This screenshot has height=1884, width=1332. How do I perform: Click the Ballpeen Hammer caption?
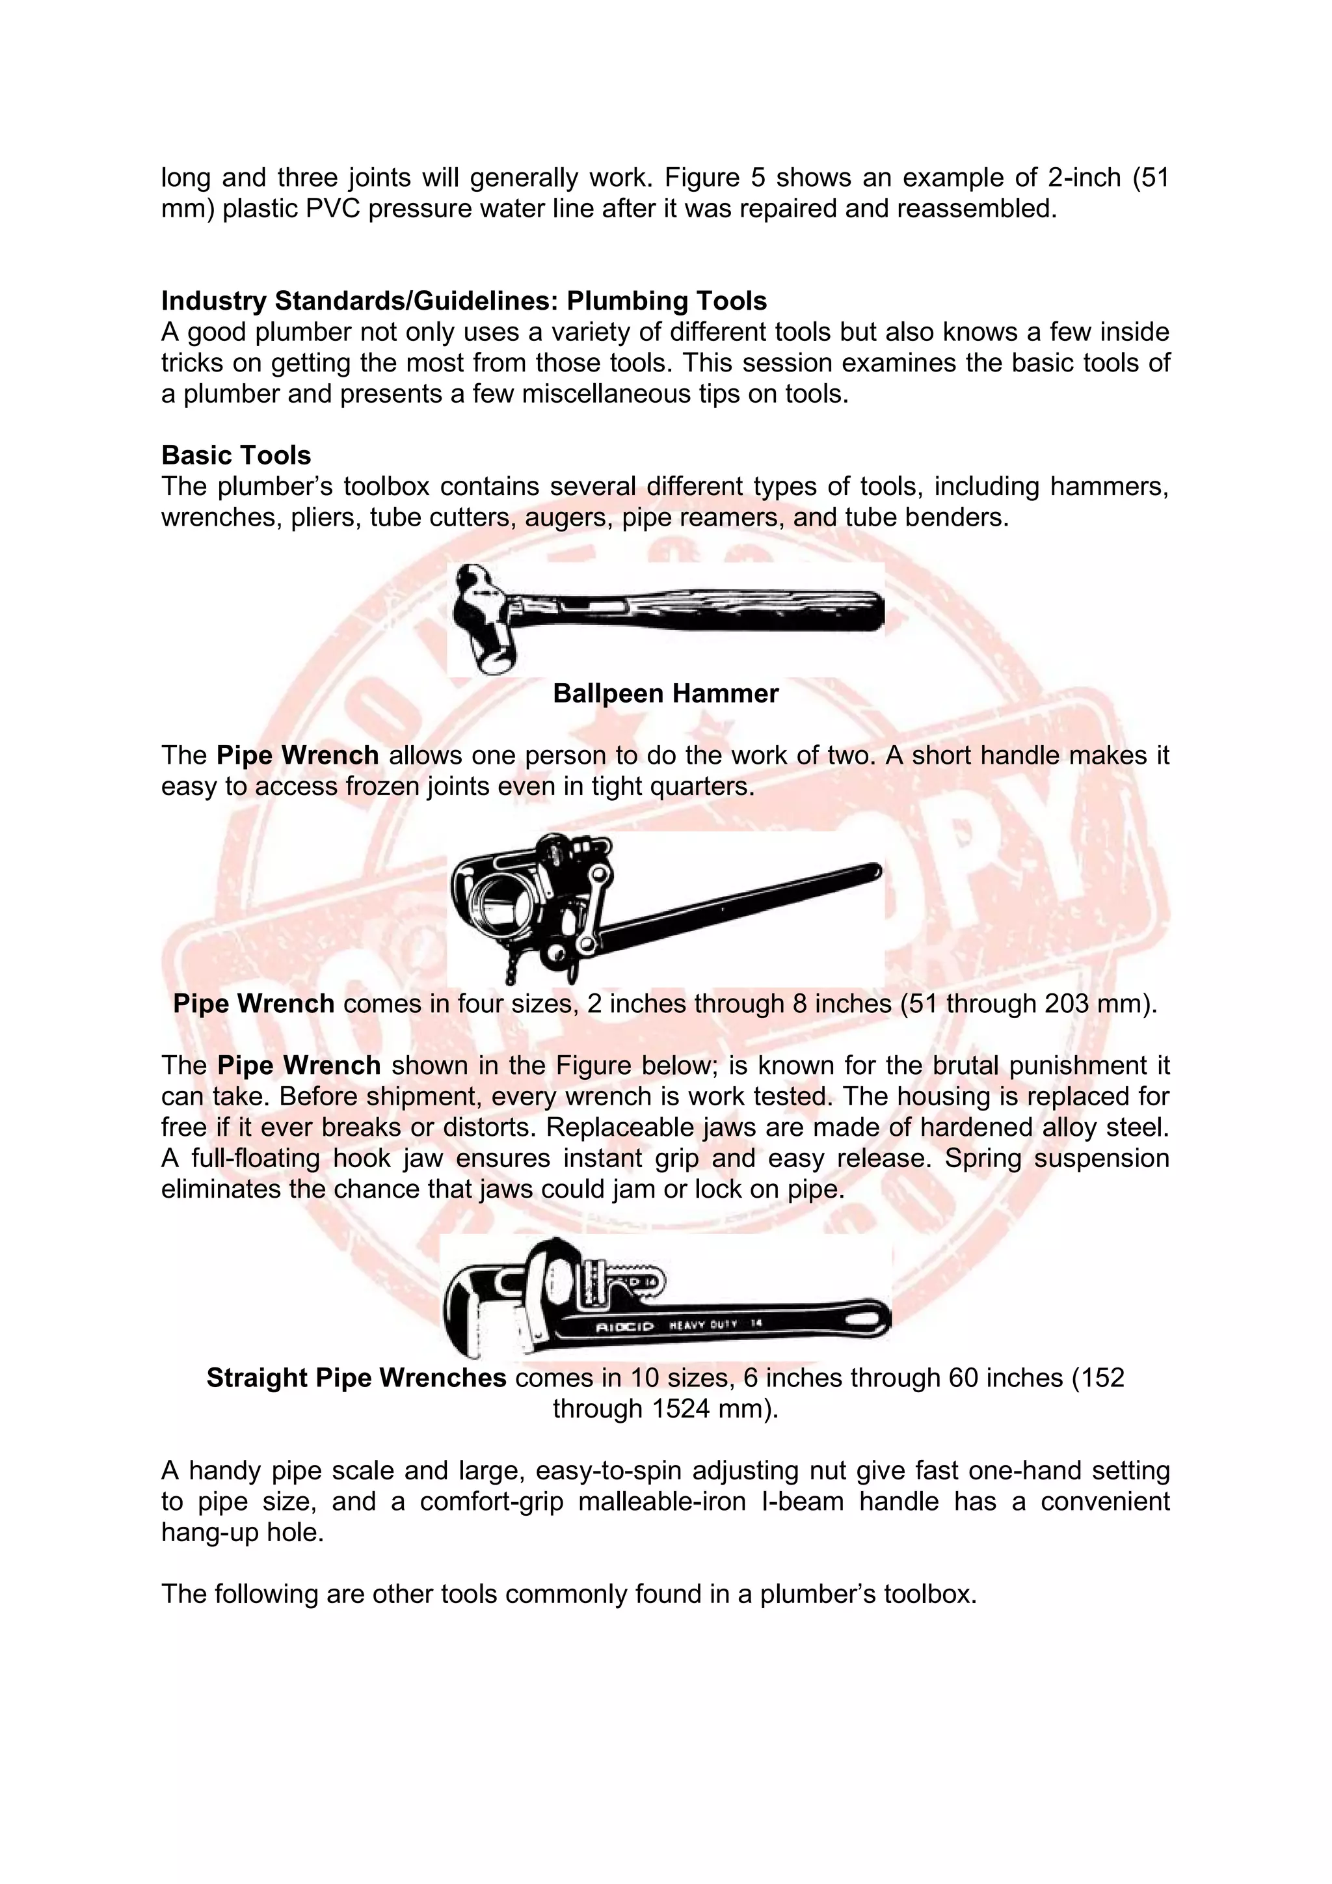tap(665, 693)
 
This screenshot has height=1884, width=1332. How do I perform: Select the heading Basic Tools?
tap(236, 455)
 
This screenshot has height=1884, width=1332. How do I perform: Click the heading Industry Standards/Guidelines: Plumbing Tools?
tap(464, 301)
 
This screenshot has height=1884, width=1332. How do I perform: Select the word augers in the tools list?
tap(568, 518)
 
